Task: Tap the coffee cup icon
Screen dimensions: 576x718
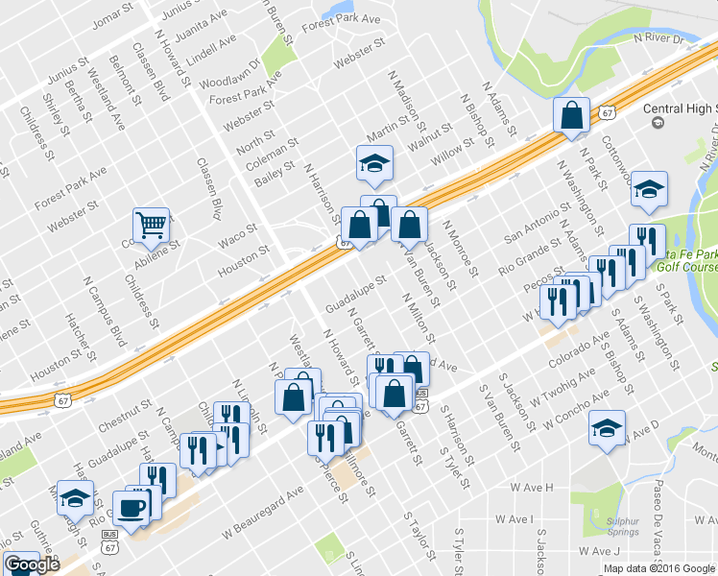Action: (x=131, y=507)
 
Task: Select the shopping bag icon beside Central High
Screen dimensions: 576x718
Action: (x=571, y=116)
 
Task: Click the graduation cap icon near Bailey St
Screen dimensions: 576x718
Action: (x=374, y=162)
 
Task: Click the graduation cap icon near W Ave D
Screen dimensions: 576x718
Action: (x=607, y=428)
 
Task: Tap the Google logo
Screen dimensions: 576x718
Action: (x=32, y=565)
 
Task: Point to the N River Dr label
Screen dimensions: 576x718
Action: (x=657, y=38)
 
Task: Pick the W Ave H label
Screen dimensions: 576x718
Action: (x=533, y=488)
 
